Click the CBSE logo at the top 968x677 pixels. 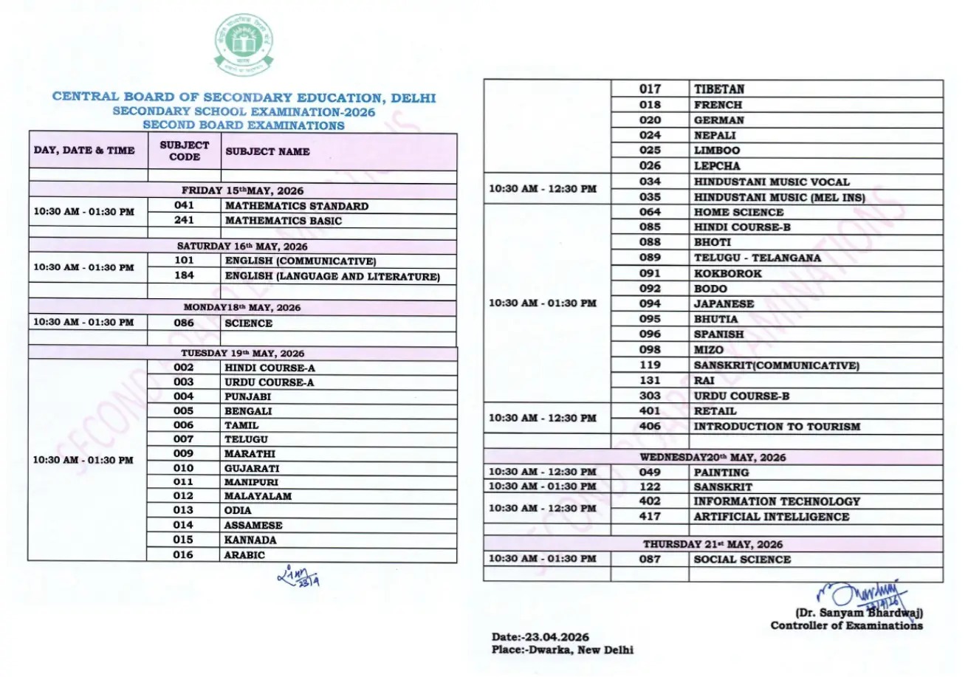[x=244, y=46]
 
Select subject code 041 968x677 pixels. [x=184, y=206]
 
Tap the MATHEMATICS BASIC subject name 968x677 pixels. [x=283, y=221]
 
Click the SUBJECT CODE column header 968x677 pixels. [x=184, y=151]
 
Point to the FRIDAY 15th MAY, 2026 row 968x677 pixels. [x=242, y=190]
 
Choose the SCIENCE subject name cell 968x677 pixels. [x=249, y=323]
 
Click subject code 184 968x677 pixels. [x=184, y=276]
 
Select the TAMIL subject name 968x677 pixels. [x=241, y=425]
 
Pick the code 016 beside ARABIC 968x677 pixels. [x=184, y=555]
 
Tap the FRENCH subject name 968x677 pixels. [x=718, y=105]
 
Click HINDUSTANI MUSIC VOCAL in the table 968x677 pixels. [x=772, y=182]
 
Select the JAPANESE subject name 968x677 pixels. [x=724, y=303]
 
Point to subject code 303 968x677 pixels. [x=650, y=396]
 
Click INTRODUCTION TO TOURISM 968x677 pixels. [x=777, y=426]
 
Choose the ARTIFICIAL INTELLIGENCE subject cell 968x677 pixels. [x=771, y=517]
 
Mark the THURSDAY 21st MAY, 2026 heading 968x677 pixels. [x=713, y=544]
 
